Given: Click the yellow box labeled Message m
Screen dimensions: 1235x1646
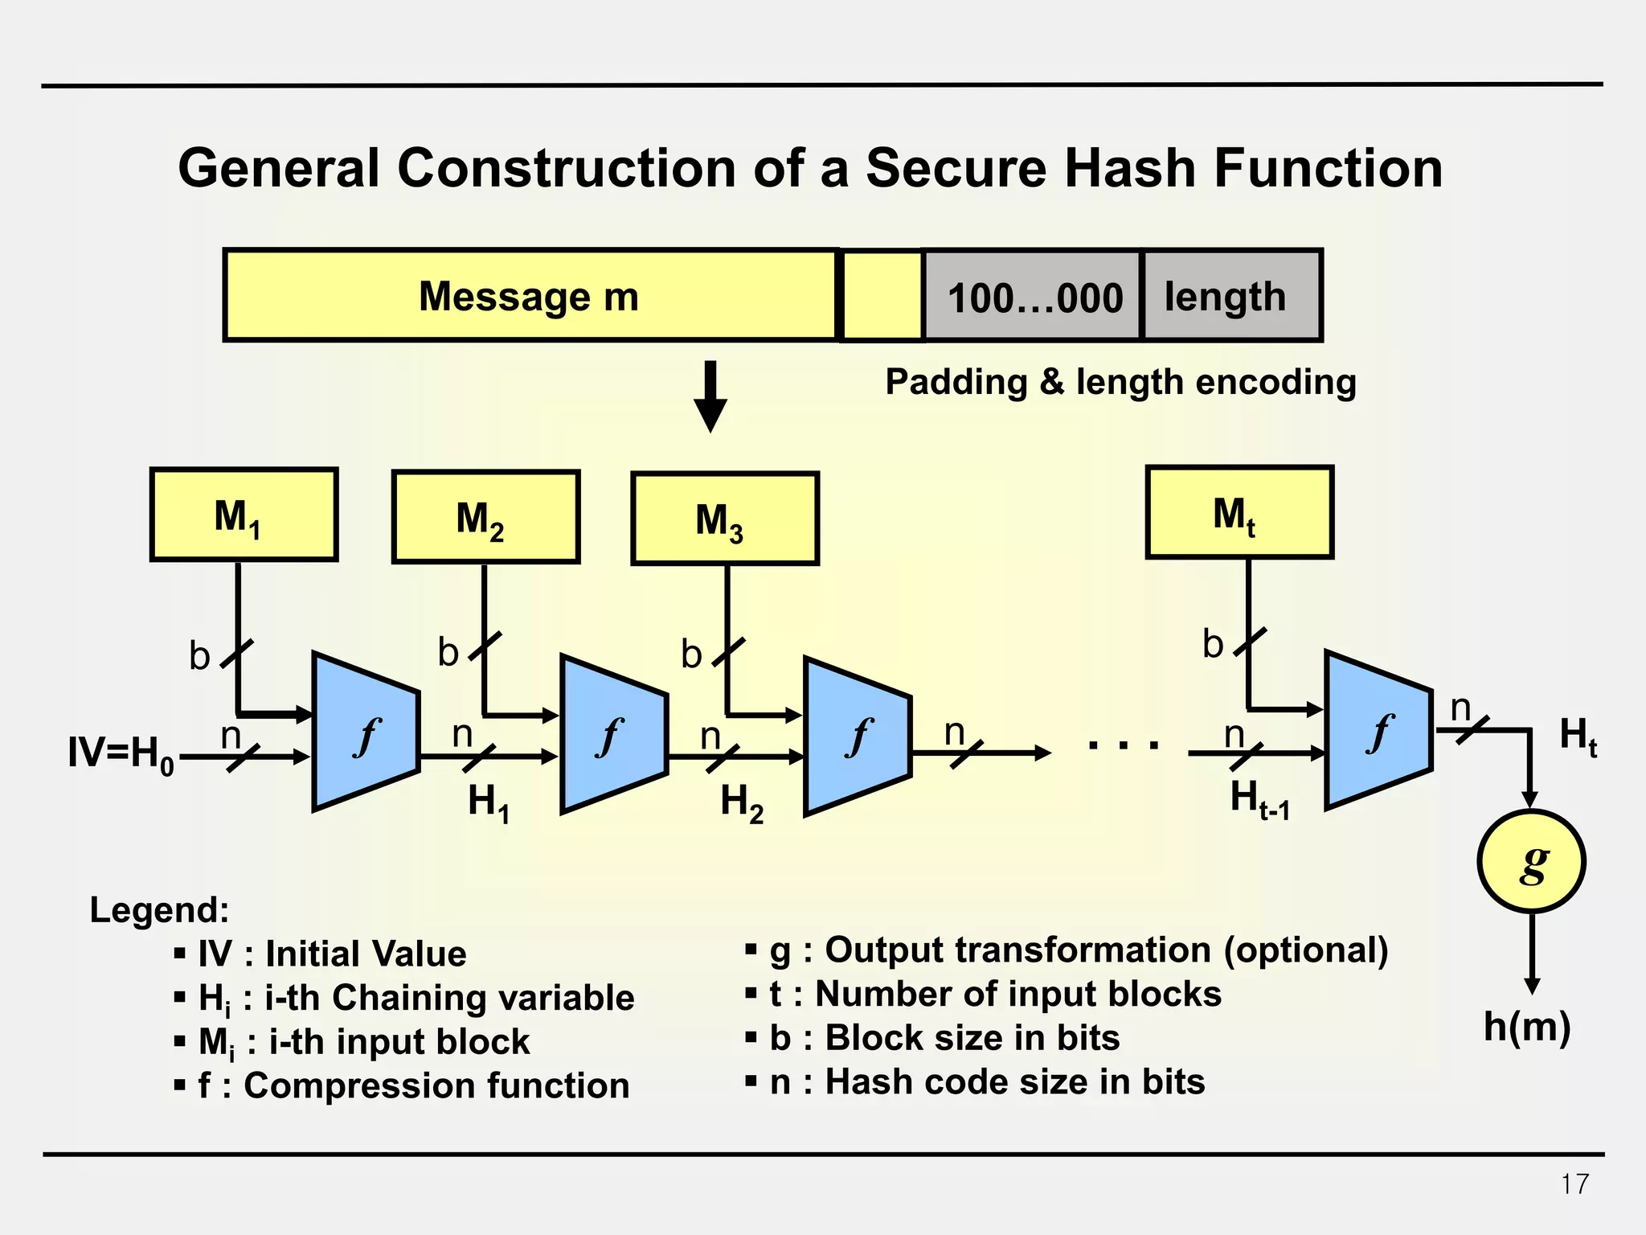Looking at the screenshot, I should tap(530, 296).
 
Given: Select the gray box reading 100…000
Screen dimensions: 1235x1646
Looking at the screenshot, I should tap(1033, 297).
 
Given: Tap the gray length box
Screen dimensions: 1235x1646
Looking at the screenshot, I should tap(1230, 296).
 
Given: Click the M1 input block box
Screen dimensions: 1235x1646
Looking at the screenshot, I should tap(244, 515).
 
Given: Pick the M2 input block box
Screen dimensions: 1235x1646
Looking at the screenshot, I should tap(485, 517).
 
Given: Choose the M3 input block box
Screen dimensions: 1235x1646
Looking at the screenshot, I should tap(725, 519).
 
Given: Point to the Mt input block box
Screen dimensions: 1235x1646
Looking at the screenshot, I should tap(1239, 512).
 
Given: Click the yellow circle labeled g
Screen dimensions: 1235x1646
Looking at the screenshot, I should tap(1531, 862).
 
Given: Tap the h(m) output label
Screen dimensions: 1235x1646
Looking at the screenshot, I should tap(1526, 1027).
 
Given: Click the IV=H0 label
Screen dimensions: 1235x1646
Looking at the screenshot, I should tap(121, 754).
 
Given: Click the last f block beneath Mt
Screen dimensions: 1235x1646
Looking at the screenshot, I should tap(1378, 730).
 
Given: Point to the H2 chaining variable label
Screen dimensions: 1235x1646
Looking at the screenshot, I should tap(741, 802).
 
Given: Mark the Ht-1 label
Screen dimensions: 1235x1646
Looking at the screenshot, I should tap(1259, 800).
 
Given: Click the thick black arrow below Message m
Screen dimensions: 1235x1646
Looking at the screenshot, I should tap(710, 396).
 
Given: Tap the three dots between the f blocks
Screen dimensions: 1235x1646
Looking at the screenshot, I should tap(1123, 746).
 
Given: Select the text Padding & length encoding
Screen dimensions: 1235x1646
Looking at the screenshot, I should tap(1120, 382).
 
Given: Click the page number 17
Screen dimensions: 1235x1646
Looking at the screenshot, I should tap(1574, 1184).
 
